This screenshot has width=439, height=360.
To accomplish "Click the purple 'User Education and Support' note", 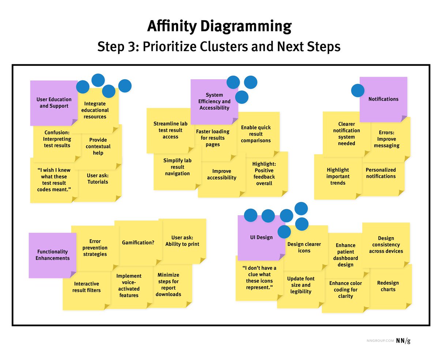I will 54,103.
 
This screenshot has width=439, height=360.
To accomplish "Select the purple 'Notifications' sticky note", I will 383,99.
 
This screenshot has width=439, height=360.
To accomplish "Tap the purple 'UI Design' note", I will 261,238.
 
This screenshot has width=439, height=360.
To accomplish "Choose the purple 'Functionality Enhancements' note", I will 52,255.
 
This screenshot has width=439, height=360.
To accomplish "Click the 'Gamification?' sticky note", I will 138,242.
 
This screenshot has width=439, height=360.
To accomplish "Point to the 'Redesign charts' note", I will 388,286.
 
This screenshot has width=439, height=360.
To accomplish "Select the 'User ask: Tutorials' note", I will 98,179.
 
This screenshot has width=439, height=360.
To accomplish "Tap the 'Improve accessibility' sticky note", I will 222,175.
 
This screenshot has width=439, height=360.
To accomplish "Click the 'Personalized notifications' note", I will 381,173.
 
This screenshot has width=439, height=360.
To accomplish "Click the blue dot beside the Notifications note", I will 358,91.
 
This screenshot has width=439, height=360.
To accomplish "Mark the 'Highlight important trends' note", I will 338,176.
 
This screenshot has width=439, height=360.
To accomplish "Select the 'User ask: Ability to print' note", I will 182,241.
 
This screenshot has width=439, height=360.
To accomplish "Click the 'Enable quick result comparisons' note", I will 256,134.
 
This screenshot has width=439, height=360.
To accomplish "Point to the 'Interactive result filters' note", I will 86,287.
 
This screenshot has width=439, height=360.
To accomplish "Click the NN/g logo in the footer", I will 403,341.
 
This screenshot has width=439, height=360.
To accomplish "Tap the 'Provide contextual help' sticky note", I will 98,147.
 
